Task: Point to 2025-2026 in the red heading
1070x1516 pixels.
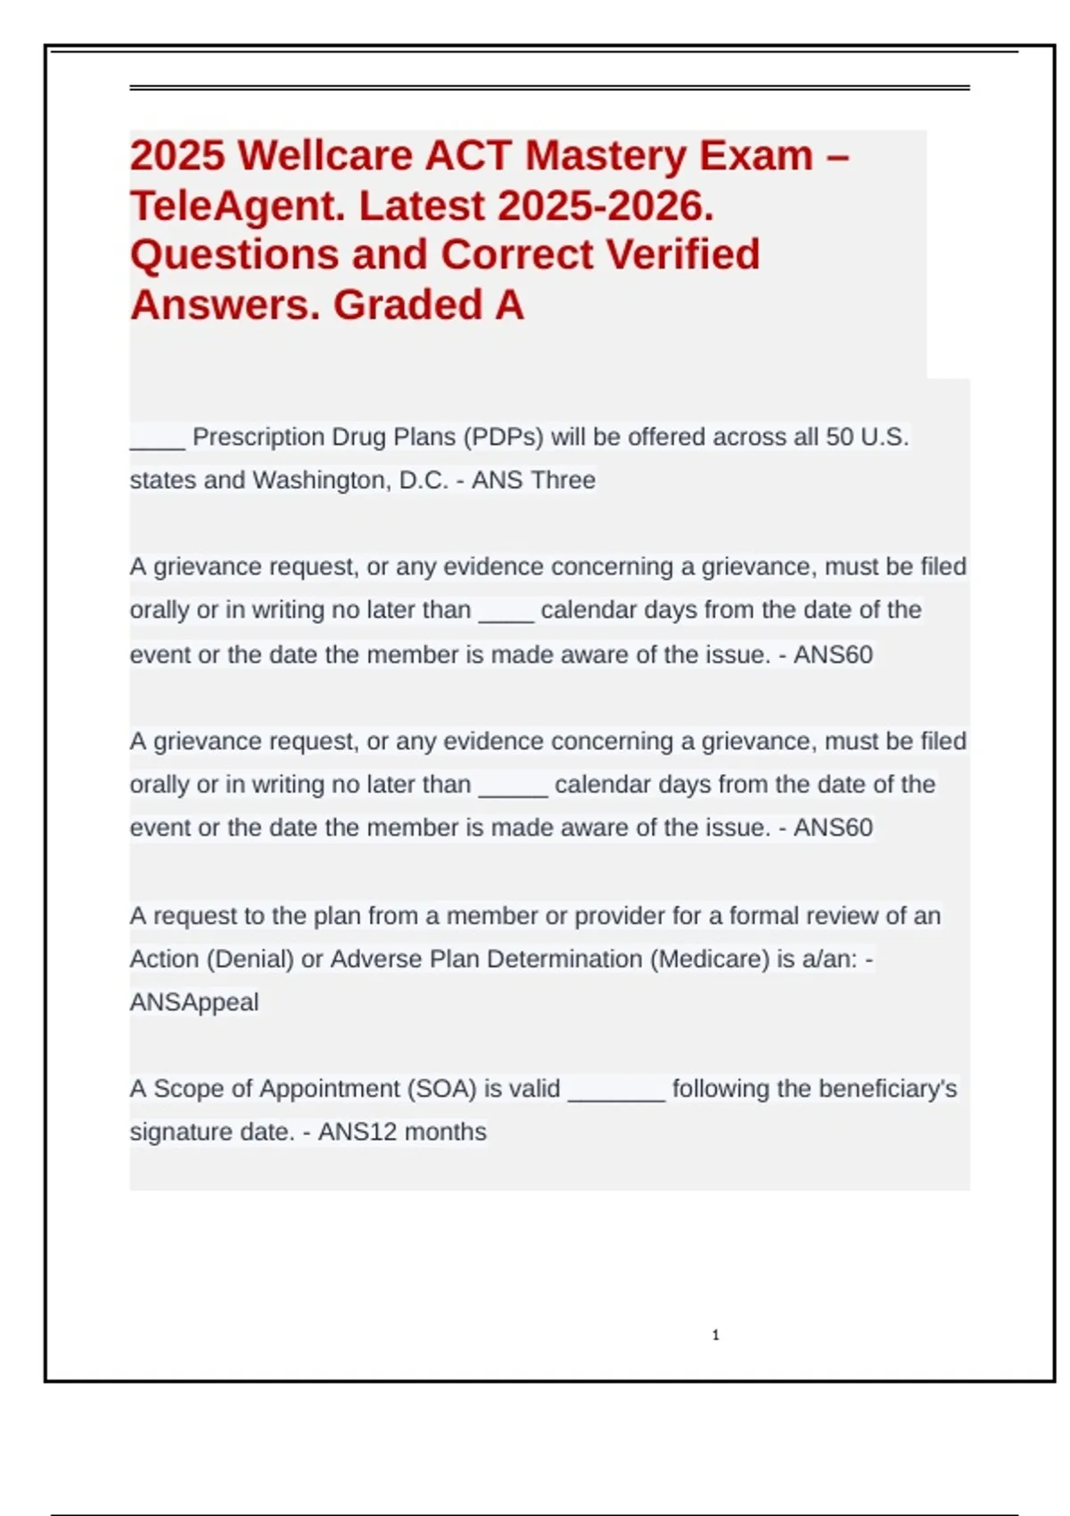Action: pos(605,206)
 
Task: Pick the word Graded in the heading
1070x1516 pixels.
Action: pos(407,305)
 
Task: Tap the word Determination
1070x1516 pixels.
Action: pos(564,959)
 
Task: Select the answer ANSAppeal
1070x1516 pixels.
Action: pos(194,1002)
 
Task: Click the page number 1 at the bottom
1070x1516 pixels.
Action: pos(716,1335)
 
